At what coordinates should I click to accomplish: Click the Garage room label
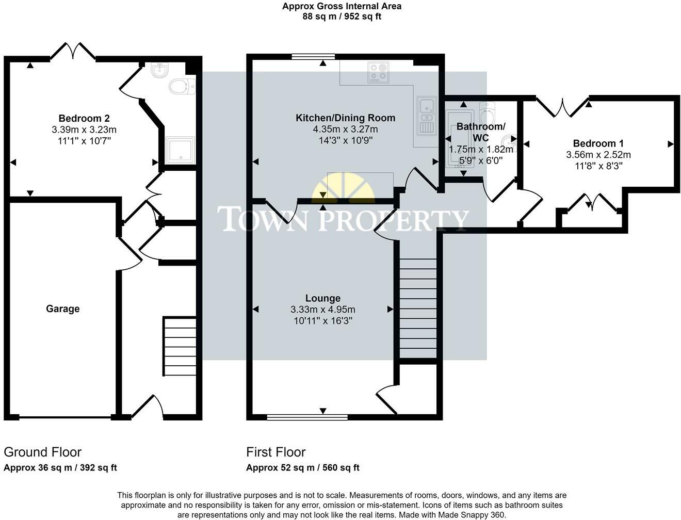pos(63,308)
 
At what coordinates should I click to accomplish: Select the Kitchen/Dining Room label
pos(345,118)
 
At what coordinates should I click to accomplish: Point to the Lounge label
pos(323,298)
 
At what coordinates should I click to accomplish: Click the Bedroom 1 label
pos(594,143)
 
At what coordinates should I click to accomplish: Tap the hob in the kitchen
pos(378,73)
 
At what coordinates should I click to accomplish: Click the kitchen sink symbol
pos(428,116)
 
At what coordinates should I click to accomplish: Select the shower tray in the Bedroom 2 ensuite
pos(180,150)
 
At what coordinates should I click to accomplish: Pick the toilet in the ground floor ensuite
pos(181,87)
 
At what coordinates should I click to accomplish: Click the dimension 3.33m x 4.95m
pos(323,310)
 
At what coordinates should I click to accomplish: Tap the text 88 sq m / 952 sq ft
pos(342,16)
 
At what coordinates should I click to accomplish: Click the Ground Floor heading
pos(43,452)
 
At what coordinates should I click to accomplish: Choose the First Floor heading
pos(276,452)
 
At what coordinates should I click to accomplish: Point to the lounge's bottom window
pos(307,416)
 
